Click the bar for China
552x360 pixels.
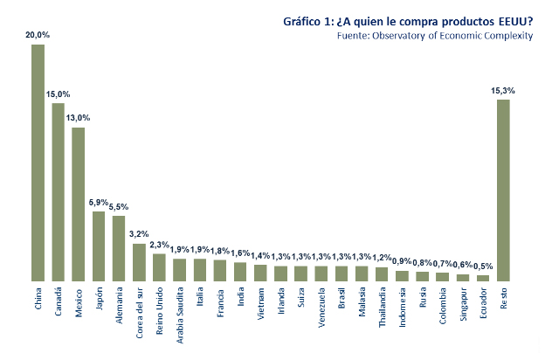(x=38, y=163)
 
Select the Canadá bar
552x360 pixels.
(x=58, y=192)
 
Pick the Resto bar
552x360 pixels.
(x=503, y=190)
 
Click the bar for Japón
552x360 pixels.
(x=99, y=246)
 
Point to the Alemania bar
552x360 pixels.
(x=119, y=248)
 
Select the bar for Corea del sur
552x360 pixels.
(x=139, y=262)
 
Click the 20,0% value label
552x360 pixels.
(x=38, y=35)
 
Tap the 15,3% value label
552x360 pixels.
(x=503, y=90)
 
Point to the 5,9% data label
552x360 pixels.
(x=99, y=203)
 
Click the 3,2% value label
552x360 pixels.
(x=139, y=234)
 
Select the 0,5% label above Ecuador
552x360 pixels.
(x=483, y=267)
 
